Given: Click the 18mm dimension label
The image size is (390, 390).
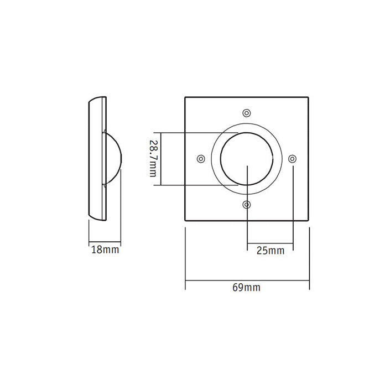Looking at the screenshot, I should click(105, 250).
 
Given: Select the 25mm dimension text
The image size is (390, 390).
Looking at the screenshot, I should click(271, 251).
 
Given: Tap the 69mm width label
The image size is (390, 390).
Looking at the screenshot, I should click(247, 288).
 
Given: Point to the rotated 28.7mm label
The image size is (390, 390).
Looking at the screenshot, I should click(153, 158).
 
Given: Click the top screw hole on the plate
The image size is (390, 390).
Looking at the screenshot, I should click(247, 113).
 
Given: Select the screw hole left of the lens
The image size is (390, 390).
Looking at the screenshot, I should click(201, 159).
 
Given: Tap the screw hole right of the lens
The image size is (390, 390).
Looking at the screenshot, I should click(293, 159).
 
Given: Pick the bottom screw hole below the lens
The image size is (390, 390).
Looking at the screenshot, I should click(247, 205).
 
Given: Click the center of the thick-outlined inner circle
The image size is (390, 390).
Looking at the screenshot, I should click(247, 159).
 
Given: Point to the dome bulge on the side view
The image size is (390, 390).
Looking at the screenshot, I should click(113, 159).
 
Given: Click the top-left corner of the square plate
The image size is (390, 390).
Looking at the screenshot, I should click(185, 98).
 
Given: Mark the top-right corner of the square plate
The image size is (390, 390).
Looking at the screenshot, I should click(309, 98).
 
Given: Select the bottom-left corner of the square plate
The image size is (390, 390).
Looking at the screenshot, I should click(185, 221).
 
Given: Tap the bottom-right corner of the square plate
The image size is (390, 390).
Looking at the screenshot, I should click(309, 221).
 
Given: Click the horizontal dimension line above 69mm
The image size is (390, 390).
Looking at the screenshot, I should click(247, 280).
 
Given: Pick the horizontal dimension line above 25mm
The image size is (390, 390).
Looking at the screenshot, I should click(270, 243).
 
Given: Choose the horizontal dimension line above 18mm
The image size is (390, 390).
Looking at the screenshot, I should click(105, 243).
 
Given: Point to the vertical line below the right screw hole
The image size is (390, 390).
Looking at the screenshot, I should click(293, 205).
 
